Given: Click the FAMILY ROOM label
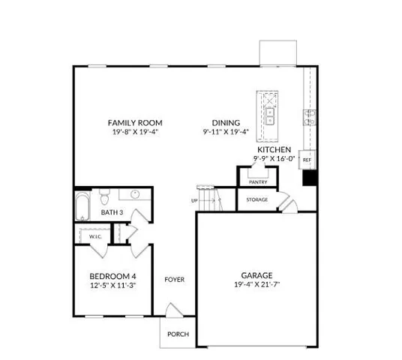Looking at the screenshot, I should coord(135,122).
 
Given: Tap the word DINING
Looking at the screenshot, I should coord(225,122).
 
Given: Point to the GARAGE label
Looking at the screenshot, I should coord(256,274).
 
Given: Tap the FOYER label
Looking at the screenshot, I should coord(175,280).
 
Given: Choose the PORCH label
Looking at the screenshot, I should coord(178,334).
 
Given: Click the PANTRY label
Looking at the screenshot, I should coord(258,181).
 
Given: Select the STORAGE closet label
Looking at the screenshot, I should coord(257,199).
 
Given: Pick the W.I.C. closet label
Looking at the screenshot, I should coord(95,236).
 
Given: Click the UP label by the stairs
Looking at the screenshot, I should coord(194,201).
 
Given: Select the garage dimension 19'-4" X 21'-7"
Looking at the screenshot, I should coord(256,284).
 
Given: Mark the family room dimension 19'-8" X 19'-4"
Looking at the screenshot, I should coord(135,132).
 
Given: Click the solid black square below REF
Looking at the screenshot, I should coord(308,178).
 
